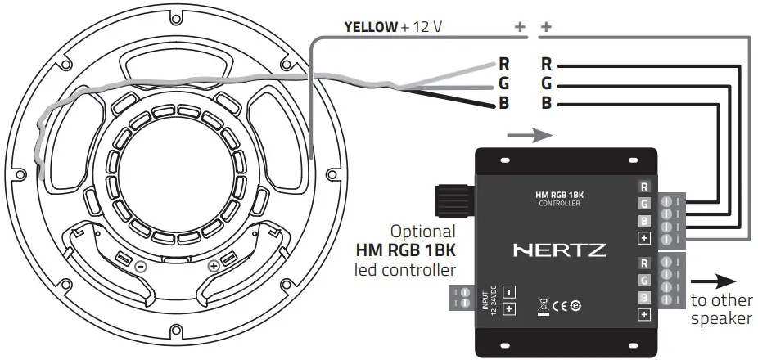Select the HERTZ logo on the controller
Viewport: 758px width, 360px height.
click(559, 250)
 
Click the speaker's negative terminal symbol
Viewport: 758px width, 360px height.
click(142, 267)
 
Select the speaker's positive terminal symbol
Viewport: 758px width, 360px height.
click(214, 266)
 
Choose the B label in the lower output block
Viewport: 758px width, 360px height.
click(644, 297)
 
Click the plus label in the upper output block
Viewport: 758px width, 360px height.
click(644, 239)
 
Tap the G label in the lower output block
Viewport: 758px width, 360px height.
click(644, 280)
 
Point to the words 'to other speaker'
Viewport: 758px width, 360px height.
click(720, 309)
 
